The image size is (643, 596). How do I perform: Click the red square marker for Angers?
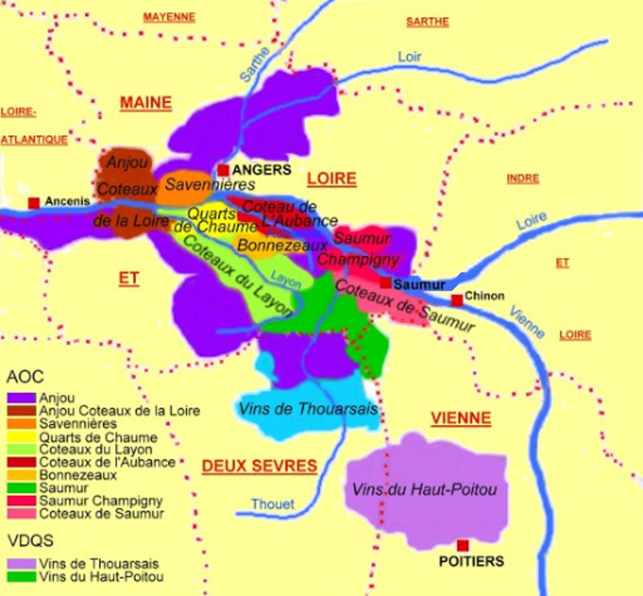click(223, 170)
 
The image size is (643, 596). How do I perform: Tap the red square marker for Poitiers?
click(463, 546)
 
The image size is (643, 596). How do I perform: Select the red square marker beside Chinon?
click(457, 300)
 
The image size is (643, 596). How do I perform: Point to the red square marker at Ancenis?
click(33, 203)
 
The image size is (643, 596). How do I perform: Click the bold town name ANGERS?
click(262, 170)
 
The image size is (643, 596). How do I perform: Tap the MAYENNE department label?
click(169, 17)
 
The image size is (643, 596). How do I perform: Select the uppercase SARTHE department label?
click(427, 22)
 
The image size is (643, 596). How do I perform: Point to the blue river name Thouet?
click(273, 504)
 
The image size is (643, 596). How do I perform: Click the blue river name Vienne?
click(527, 321)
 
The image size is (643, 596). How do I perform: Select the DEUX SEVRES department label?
click(259, 466)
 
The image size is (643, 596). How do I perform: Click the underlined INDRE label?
click(523, 178)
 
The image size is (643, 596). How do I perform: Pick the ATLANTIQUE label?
click(33, 140)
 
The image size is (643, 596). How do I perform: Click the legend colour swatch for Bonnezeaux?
click(21, 475)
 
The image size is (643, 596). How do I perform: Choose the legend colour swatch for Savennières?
click(21, 424)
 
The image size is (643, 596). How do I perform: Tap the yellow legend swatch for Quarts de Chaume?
click(21, 437)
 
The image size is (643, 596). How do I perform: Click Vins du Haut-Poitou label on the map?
click(423, 490)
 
